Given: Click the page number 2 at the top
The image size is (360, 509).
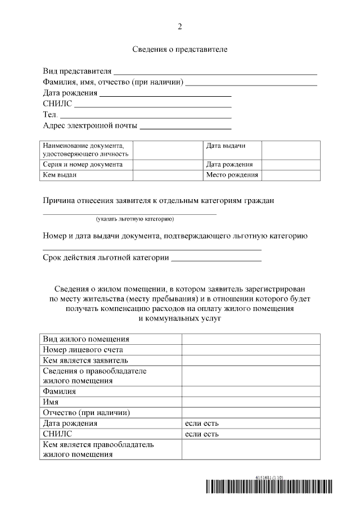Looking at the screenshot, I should point(180,26).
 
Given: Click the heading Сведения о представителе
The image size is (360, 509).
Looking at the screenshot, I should point(180,49).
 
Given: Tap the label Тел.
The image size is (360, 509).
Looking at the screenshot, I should point(50,115).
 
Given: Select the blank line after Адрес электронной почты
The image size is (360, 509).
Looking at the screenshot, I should point(186,127).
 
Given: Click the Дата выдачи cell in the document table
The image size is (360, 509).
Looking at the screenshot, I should point(226,146).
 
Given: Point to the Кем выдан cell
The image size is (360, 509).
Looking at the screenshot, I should point(60,175).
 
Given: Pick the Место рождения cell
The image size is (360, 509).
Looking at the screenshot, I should point(232,175).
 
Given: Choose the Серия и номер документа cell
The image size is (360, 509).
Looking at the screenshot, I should point(83,165).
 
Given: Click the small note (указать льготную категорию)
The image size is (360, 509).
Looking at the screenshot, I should point(134,219).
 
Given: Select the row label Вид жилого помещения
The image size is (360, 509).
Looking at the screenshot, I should point(86,339).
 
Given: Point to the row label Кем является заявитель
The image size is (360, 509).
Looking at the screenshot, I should point(85,360).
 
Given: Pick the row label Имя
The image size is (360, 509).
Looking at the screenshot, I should point(51,402).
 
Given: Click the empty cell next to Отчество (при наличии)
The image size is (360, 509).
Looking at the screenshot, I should point(250,413).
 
